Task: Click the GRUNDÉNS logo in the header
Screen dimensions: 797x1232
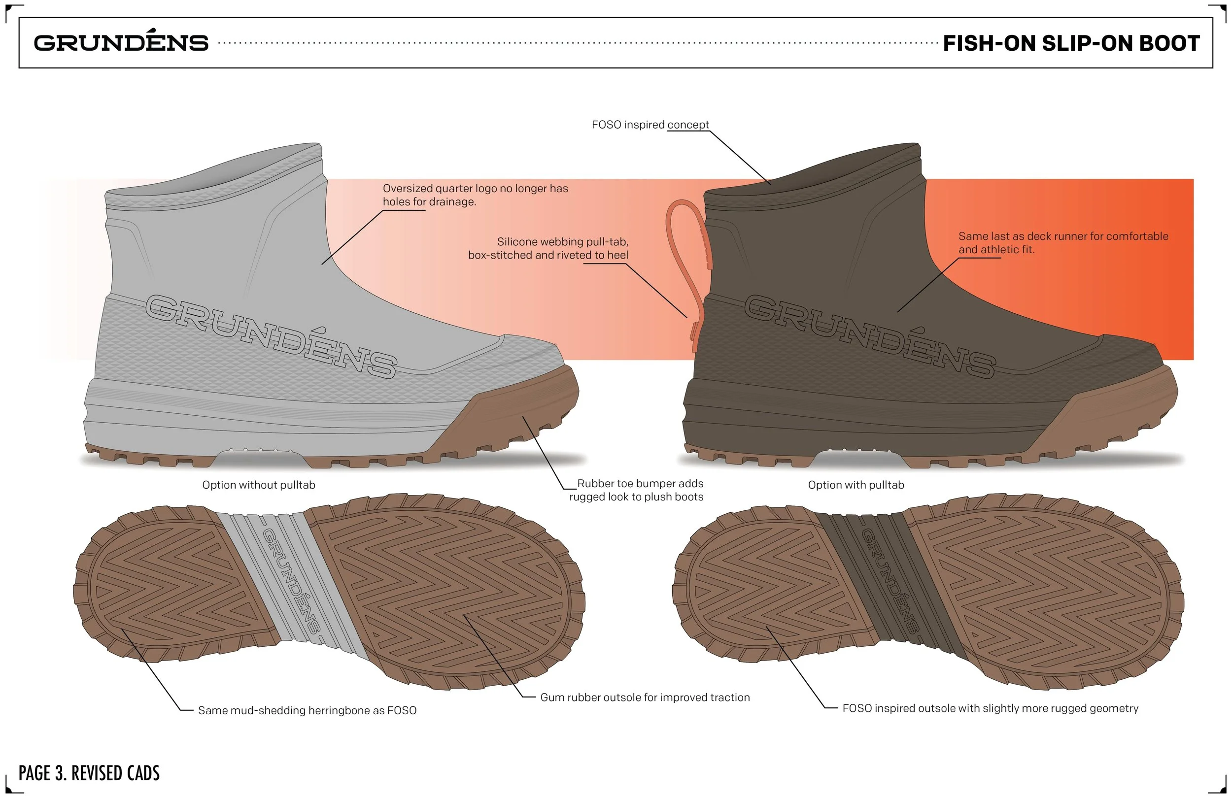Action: click(121, 42)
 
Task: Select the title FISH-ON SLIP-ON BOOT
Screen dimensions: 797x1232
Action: click(1071, 43)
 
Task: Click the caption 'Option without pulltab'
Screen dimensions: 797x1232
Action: click(258, 485)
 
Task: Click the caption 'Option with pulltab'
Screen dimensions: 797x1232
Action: click(856, 485)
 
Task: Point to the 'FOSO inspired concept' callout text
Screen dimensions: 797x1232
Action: click(650, 125)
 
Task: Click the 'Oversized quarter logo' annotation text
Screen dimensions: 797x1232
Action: click(475, 195)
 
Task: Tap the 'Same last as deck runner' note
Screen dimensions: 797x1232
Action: click(1063, 243)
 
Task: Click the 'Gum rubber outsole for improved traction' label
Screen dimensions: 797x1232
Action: click(645, 697)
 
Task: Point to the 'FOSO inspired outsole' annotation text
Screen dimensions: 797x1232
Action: click(990, 708)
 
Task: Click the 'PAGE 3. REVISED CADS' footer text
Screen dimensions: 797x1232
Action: click(89, 773)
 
